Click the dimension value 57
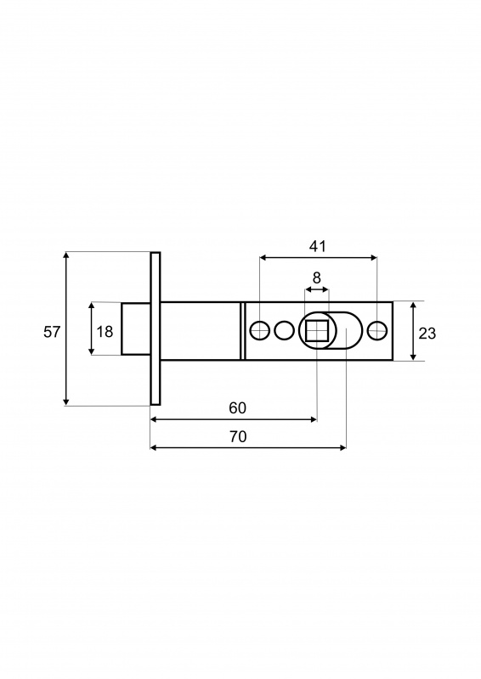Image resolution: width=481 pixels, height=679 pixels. (52, 332)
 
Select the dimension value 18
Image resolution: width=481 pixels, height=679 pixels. (105, 332)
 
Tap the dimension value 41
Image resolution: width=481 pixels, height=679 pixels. (318, 246)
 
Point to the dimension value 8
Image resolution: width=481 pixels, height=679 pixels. (317, 278)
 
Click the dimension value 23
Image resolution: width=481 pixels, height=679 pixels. (427, 333)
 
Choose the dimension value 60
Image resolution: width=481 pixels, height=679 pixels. (237, 408)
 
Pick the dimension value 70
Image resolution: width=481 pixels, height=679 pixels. (238, 436)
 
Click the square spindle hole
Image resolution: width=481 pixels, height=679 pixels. (317, 331)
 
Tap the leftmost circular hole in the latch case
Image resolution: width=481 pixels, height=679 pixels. (260, 331)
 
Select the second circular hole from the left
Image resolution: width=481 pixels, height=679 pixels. (285, 331)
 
